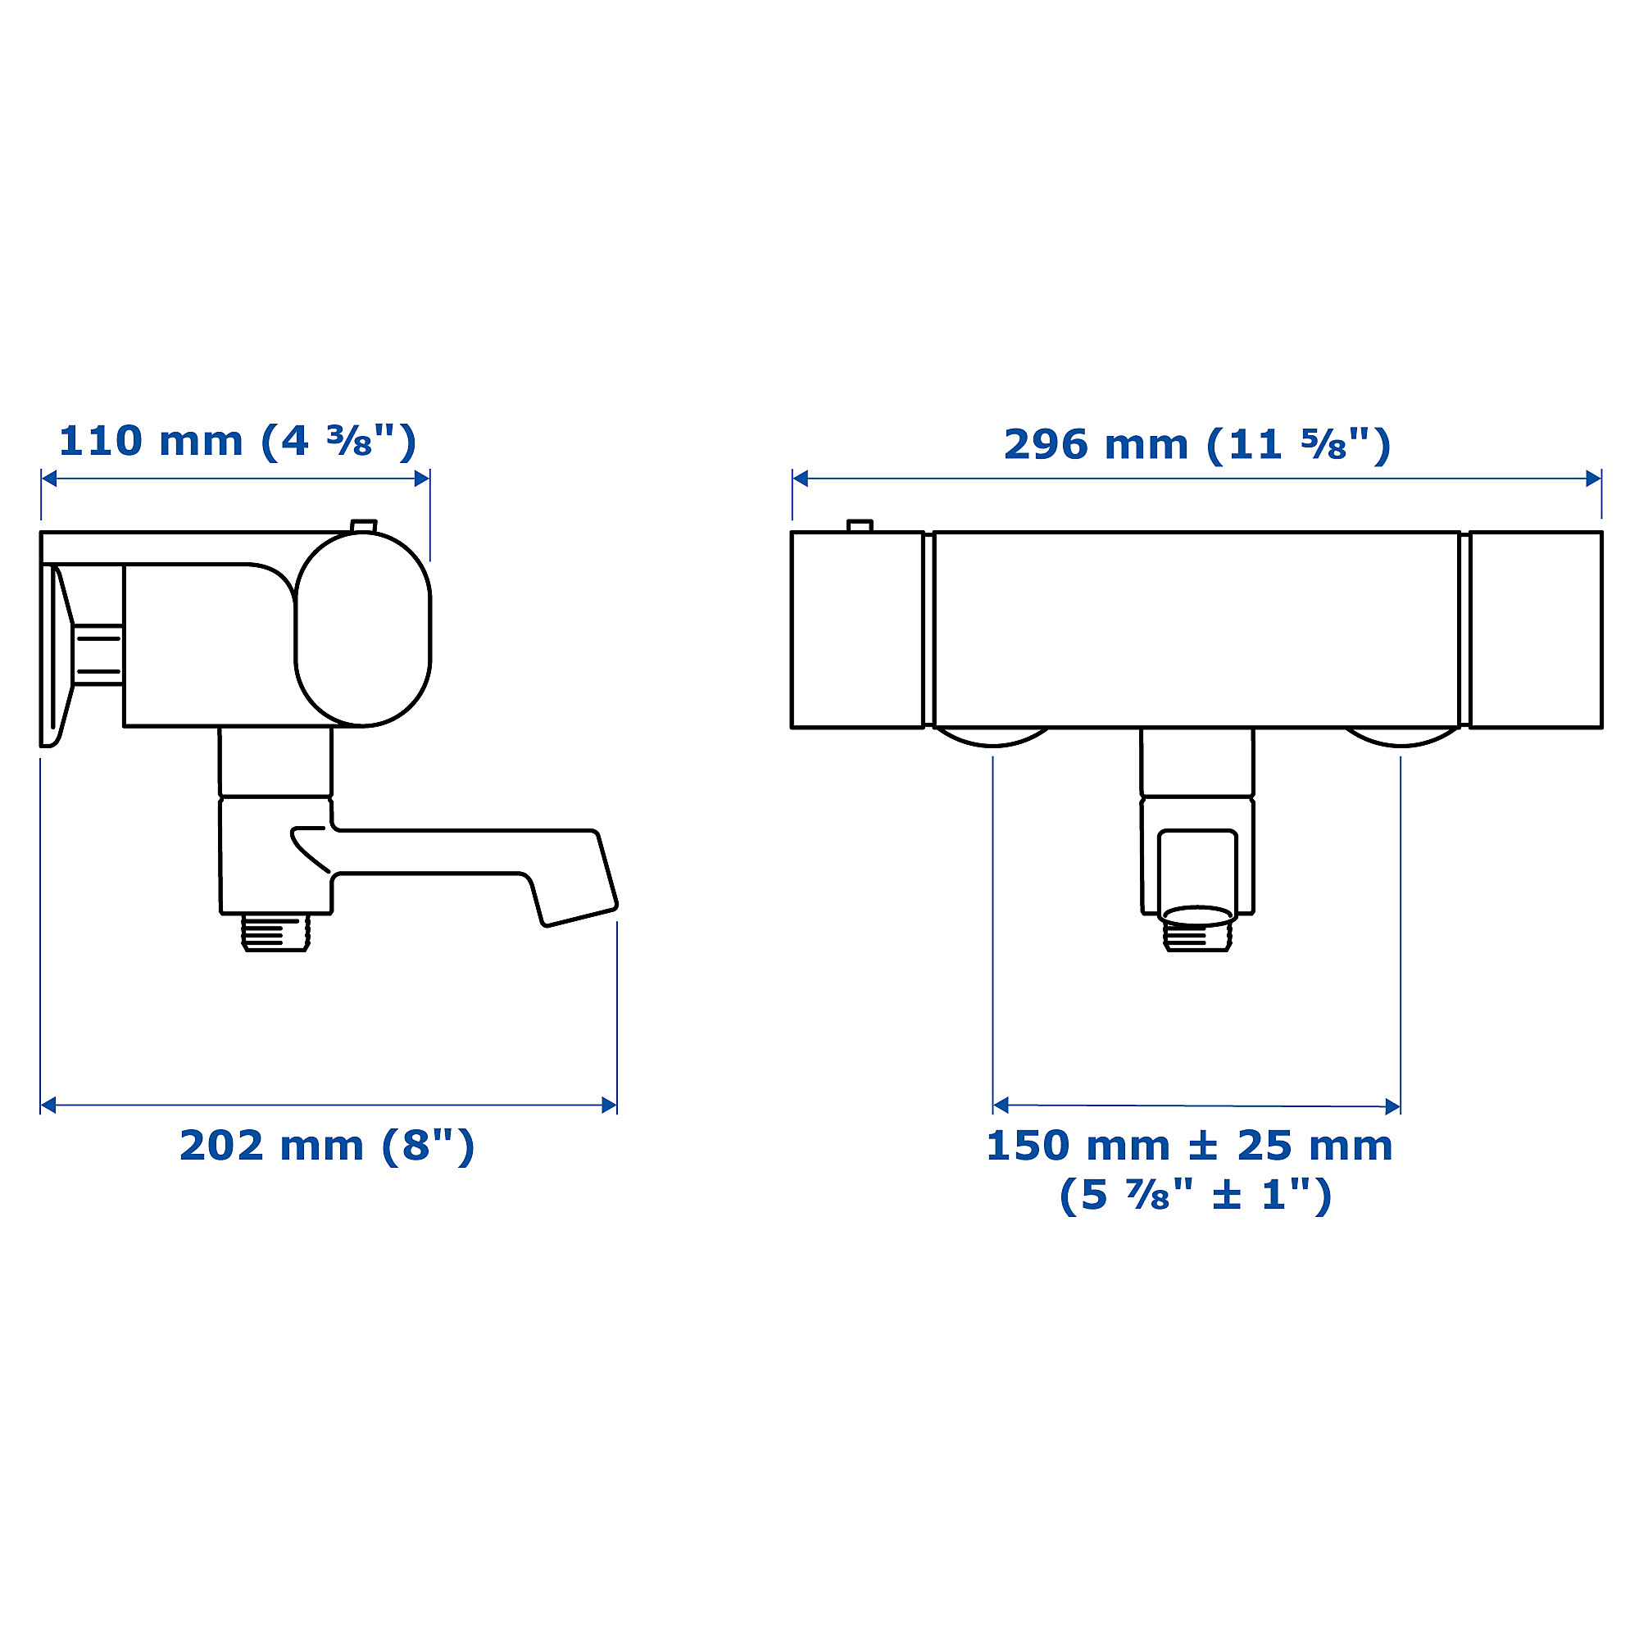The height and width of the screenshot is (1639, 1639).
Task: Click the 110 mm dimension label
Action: coord(237,442)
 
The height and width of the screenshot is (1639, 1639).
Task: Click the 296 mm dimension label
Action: coord(1197,445)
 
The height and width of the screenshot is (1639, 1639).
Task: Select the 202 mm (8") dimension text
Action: coord(327,1146)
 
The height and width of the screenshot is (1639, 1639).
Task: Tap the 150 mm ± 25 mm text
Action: coord(1189,1146)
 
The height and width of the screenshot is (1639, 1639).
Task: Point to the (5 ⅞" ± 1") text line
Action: coord(1196,1196)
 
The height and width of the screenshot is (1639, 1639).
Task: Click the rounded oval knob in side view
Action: coord(363,629)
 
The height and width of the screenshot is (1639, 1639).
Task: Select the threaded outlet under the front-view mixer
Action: coord(1197,933)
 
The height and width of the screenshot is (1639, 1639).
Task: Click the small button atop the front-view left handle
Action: coord(860,526)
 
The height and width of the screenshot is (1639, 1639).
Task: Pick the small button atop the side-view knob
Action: coord(364,526)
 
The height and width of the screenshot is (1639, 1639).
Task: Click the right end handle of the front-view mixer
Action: coord(1536,629)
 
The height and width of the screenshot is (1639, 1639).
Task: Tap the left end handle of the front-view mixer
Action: coord(857,629)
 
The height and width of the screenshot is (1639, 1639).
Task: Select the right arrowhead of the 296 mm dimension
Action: coord(1593,479)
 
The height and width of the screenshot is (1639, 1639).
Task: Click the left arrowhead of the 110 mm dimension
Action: coord(49,479)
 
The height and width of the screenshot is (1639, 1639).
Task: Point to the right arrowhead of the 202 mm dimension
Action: coord(609,1106)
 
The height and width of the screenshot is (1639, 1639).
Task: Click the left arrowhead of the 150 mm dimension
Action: coord(1001,1106)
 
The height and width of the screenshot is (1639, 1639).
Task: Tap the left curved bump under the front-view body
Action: coord(992,737)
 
